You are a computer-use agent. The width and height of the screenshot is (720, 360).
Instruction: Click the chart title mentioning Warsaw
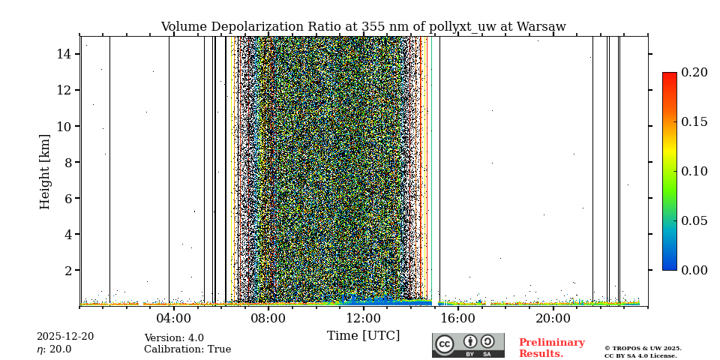pos(363,27)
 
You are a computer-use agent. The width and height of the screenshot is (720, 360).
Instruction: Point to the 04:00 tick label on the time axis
pos(173,318)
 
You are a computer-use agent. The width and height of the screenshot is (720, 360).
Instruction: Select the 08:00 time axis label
pos(268,318)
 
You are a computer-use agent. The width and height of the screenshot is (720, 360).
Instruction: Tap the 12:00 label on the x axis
pos(363,318)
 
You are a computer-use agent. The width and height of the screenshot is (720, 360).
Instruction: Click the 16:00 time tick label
pos(457,318)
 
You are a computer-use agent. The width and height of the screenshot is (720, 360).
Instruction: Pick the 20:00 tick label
pos(553,318)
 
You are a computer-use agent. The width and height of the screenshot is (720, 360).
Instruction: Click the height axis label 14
pos(64,54)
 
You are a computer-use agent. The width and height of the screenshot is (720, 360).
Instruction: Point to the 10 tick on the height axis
pos(64,126)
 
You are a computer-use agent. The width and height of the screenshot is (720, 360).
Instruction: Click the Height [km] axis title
pos(45,171)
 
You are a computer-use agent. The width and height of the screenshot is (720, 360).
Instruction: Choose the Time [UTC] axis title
pos(363,336)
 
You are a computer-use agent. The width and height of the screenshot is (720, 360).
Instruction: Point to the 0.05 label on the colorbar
pos(694,220)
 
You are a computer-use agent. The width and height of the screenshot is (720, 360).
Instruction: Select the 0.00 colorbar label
pos(694,270)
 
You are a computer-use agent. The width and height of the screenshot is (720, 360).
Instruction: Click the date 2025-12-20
pos(65,337)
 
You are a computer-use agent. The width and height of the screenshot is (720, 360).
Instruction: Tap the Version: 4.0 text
pos(174,338)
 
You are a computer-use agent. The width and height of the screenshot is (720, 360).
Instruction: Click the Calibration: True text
pos(187,349)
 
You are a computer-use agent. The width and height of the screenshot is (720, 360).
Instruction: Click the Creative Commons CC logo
pos(445,344)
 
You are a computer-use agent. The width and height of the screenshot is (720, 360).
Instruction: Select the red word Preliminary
pos(551,343)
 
